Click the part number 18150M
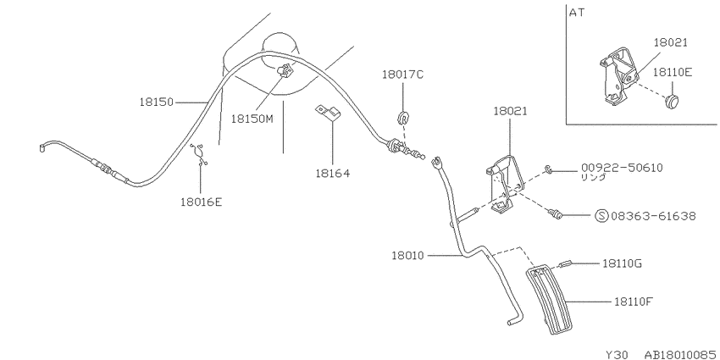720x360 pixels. (x=252, y=119)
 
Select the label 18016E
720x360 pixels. (x=201, y=202)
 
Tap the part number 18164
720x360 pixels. (x=332, y=173)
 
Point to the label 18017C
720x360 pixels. (x=402, y=75)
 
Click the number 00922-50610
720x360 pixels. (x=622, y=168)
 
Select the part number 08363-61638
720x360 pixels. (x=652, y=216)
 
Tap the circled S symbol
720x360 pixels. (x=601, y=216)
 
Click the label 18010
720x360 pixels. (x=408, y=255)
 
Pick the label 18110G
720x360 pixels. (x=623, y=263)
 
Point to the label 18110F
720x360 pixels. (x=634, y=302)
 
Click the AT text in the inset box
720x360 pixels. (x=577, y=13)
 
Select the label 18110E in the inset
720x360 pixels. (x=673, y=72)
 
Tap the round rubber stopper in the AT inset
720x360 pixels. (x=673, y=102)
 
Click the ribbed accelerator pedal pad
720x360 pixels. (x=549, y=300)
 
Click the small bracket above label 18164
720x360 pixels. (x=328, y=113)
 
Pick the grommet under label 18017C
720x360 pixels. (x=403, y=118)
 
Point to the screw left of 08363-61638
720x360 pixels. (x=555, y=213)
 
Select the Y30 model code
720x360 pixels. (x=615, y=354)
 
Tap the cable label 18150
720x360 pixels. (x=157, y=102)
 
